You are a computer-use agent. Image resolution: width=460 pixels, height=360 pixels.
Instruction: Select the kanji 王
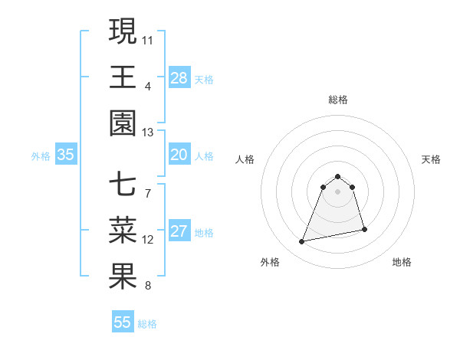tap(123, 77)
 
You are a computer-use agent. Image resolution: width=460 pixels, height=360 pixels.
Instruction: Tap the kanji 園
tap(123, 123)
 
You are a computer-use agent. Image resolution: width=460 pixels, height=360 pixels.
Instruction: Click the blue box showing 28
tap(179, 77)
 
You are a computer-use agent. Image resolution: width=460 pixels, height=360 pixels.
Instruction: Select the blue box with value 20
tap(179, 155)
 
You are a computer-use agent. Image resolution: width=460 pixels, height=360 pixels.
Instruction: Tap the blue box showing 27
tap(179, 231)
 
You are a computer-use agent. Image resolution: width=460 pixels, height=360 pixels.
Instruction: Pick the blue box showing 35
tap(65, 155)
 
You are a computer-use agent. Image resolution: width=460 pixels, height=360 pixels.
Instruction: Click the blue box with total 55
tap(123, 322)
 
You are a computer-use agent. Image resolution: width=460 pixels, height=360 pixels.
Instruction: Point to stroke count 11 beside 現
tap(148, 39)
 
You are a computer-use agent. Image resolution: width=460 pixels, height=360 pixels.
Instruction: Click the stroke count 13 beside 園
tap(148, 132)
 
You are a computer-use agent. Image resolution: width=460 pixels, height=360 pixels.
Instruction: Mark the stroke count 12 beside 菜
tap(148, 240)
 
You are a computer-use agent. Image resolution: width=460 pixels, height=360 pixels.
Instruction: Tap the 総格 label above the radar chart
tap(338, 100)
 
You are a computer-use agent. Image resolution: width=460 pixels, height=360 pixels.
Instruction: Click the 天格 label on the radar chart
tap(432, 159)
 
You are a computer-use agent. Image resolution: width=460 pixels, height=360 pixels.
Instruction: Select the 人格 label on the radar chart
tap(245, 159)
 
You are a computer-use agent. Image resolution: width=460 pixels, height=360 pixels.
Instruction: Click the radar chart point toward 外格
tap(302, 242)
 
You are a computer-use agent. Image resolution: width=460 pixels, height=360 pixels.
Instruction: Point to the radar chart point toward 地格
tap(364, 229)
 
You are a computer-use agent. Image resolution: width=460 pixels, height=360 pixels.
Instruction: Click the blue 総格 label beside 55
tap(147, 324)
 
